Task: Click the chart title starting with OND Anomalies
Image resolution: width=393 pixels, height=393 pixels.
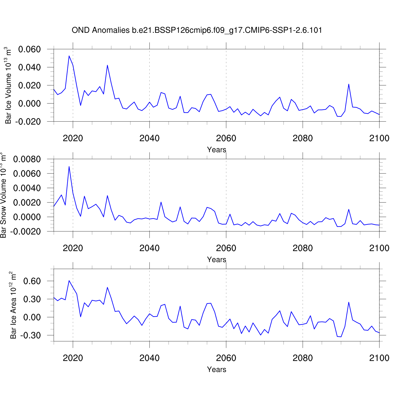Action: pos(197,30)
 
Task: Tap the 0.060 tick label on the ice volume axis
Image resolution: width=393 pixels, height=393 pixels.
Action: pos(29,49)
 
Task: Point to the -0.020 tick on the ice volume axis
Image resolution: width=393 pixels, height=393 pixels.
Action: pos(28,122)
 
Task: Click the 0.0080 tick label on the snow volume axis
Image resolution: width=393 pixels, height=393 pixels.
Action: pos(27,159)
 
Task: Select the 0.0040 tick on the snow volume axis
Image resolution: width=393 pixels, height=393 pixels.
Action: pos(27,188)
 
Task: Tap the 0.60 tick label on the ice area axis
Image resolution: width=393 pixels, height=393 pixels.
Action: pos(32,281)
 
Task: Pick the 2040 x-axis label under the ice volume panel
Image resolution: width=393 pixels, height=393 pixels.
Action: pos(149,138)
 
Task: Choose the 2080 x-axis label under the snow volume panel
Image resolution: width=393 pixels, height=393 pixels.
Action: pos(303,248)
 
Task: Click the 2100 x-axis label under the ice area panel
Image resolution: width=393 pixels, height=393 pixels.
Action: pos(379,358)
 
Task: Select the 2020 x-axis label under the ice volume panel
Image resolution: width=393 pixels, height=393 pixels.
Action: pos(73,138)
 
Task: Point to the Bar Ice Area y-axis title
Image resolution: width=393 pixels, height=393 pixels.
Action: pos(13,305)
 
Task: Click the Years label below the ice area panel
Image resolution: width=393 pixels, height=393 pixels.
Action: pos(216,369)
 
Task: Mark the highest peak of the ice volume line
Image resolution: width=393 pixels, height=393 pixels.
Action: pos(69,56)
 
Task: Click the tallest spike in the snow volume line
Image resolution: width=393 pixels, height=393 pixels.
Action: pos(69,167)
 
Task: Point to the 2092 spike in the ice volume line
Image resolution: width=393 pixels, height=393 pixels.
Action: pos(349,84)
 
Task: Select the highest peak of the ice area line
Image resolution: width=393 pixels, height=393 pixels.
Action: pos(69,281)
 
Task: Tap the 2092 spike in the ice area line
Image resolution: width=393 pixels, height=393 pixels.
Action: pos(349,302)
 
